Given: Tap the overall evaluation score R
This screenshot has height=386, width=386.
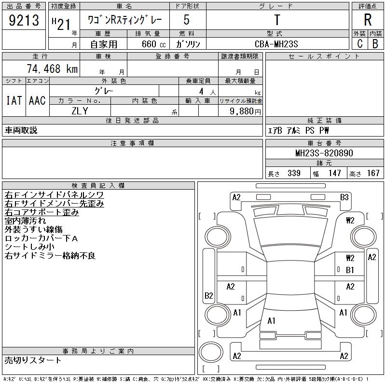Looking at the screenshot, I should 368,20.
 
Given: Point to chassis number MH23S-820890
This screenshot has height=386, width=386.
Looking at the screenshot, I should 324,153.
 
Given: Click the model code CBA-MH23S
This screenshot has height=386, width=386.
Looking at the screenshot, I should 277,44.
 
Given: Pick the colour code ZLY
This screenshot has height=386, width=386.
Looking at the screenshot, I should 80,111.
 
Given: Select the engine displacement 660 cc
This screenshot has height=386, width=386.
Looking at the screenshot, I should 147,44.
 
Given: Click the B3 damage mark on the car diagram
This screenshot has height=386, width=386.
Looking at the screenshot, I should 344,197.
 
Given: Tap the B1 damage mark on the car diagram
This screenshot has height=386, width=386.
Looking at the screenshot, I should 350,270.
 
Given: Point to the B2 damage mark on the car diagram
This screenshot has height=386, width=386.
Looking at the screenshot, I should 209,296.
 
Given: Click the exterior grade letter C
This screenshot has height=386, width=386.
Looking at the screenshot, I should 359,44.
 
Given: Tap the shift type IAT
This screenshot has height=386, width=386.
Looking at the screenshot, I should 14,100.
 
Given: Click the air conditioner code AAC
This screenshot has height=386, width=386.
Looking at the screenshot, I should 37,100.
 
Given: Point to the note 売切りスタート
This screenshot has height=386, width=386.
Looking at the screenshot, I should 33,360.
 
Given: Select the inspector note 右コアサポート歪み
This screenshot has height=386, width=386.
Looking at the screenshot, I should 41,212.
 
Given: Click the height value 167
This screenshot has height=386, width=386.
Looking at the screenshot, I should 373,173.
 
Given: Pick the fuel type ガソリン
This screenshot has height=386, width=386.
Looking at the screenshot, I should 188,44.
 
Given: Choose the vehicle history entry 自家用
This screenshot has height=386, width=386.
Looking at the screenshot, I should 105,44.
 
